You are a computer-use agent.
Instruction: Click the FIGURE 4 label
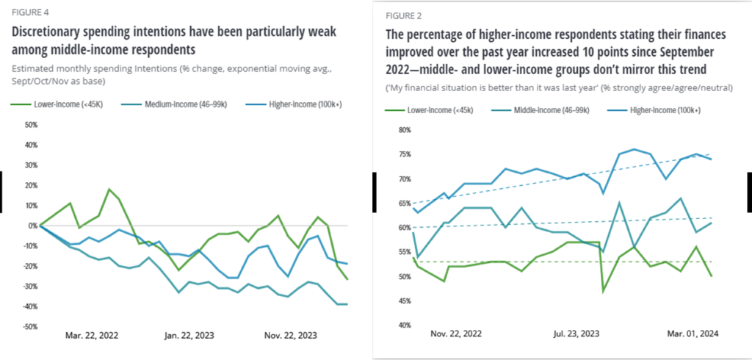point(26,12)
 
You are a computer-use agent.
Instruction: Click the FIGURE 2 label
point(404,14)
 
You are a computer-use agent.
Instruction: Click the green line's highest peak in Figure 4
point(109,190)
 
